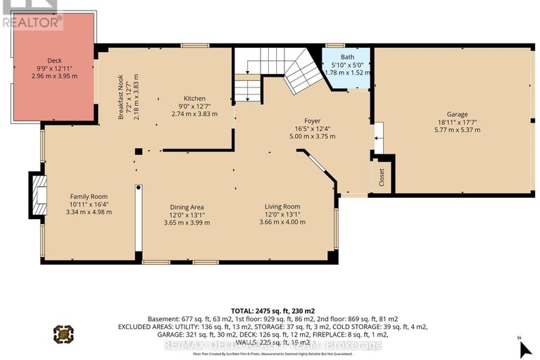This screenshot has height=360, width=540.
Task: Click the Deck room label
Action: [55, 60]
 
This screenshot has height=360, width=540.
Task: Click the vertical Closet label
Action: [382, 180]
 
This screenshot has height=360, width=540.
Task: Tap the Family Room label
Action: [89, 197]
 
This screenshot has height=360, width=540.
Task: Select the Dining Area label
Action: [187, 206]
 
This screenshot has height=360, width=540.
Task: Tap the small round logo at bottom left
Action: [63, 333]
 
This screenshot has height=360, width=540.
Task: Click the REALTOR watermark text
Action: [32, 23]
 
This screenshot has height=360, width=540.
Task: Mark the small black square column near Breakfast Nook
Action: [139, 151]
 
